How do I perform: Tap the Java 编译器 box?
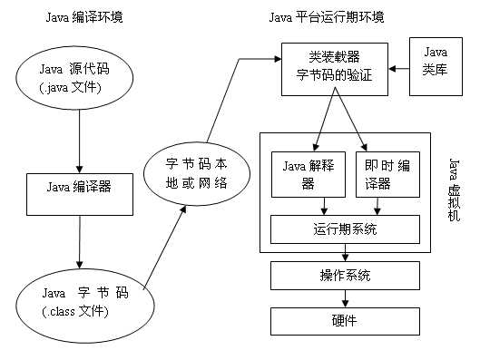click(79, 190)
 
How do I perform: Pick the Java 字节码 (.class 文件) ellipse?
click(80, 303)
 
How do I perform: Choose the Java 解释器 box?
click(306, 172)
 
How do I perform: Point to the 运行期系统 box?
click(345, 229)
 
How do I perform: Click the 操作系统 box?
click(345, 275)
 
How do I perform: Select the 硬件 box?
click(345, 319)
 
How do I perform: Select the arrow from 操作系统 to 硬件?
click(345, 297)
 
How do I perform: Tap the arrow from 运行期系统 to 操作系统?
click(345, 253)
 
